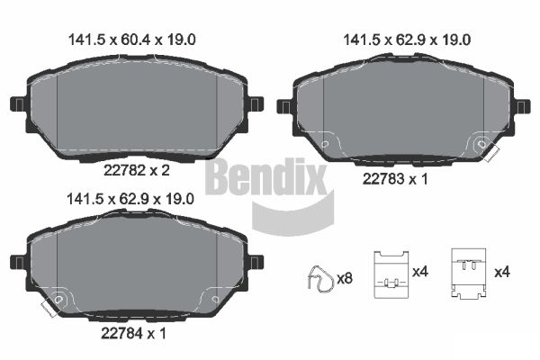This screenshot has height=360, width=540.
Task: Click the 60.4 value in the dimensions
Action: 133,39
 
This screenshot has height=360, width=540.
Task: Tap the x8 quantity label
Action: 344,279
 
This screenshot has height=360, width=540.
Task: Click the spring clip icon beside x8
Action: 317,279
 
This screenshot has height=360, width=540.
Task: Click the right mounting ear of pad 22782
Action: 254,103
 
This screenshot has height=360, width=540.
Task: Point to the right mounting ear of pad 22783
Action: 521,107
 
